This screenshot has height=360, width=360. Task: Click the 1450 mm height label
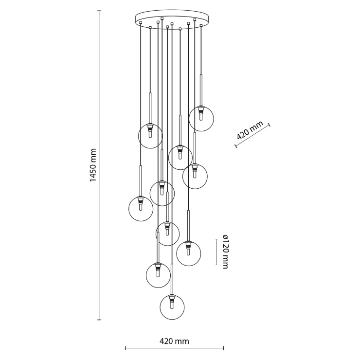coord(92,165)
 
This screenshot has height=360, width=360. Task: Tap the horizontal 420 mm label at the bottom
coord(174,341)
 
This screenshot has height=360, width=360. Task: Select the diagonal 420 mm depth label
coord(250,130)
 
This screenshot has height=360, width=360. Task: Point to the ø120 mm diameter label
coord(225,252)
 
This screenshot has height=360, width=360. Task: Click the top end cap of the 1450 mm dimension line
coord(99,11)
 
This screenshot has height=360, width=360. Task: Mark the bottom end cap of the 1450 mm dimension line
coord(99,320)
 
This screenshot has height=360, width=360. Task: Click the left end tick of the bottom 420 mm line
coord(126,348)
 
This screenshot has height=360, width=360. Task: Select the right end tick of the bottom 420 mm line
coord(224,348)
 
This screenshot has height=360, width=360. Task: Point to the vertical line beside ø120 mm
coord(216,252)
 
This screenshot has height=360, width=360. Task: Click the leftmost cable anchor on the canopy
coord(141,22)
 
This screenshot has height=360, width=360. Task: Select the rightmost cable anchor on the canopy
coord(201,25)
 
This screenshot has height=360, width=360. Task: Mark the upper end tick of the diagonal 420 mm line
coord(269,125)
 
